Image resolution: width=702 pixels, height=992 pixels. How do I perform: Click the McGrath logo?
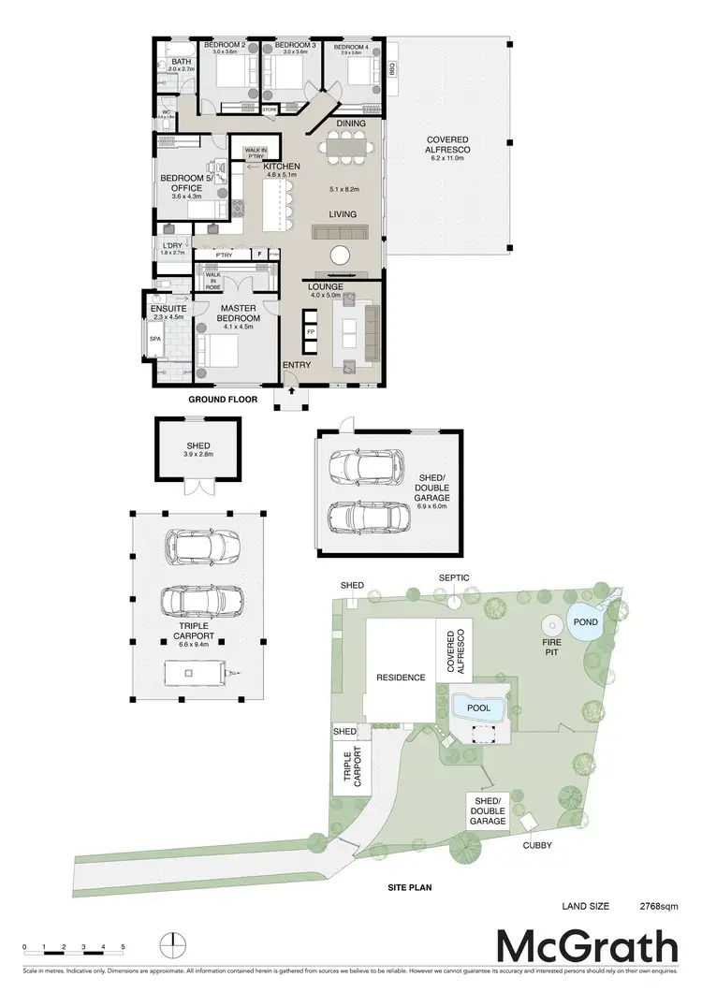click(586, 946)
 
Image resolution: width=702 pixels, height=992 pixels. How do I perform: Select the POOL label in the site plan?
click(478, 708)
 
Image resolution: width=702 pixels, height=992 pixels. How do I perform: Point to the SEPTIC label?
click(453, 578)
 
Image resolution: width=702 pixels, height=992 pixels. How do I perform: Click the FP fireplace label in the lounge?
click(312, 331)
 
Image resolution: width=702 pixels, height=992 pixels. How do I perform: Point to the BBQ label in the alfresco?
click(391, 68)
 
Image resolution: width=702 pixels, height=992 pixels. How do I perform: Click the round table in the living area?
click(340, 255)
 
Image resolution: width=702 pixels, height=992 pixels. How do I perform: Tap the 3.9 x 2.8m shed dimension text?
click(198, 456)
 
